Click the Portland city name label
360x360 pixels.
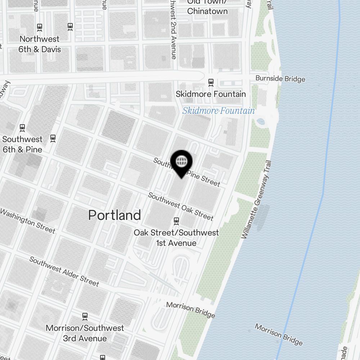coord(114,215)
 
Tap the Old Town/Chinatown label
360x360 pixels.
coord(207,7)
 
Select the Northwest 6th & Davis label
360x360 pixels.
coord(40,44)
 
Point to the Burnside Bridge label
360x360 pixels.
coord(280,79)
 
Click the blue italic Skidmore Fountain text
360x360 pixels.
coord(219,111)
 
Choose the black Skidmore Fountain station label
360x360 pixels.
coord(211,94)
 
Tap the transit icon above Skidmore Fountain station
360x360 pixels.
coord(211,82)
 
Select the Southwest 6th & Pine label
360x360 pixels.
coord(22,144)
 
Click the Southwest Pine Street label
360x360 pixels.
coord(187,172)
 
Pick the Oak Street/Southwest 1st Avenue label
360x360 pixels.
coord(176,238)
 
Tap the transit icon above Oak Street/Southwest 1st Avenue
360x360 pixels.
coord(176,220)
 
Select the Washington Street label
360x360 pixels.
coord(28,221)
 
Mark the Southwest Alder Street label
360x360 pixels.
coord(64,271)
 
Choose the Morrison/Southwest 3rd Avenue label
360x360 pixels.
coord(85,333)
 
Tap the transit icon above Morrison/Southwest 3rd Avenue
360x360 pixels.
coord(85,316)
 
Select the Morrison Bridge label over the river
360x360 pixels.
coord(279,334)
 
